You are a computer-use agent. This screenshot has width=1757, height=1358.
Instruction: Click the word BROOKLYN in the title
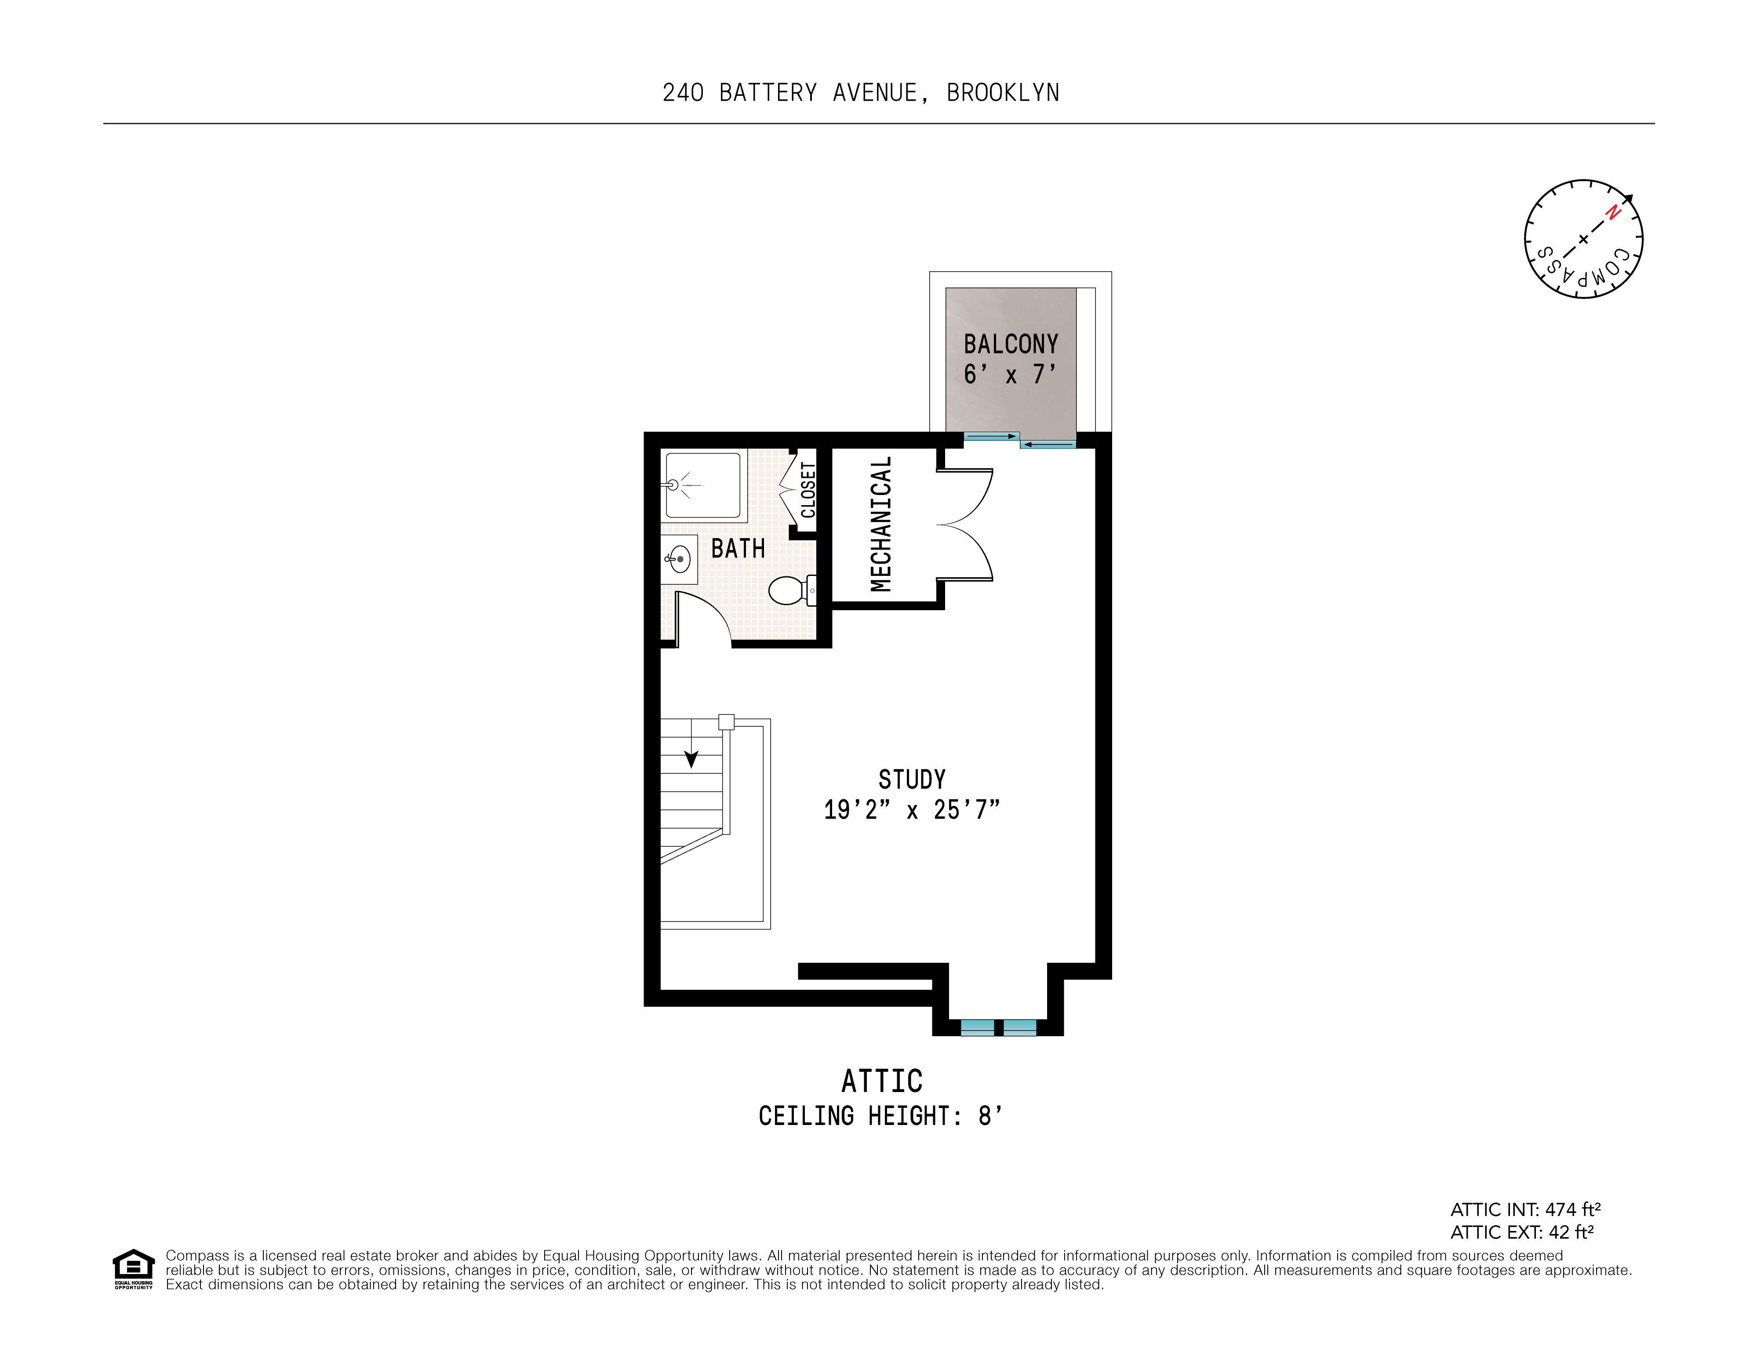point(1002,93)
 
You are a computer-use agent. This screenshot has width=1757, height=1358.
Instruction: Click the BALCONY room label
point(1011,344)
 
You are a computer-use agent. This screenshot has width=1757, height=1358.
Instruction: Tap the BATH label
point(738,549)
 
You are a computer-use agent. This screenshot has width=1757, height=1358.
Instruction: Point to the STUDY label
point(912,779)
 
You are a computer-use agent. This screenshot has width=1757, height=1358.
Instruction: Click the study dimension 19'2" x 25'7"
point(912,809)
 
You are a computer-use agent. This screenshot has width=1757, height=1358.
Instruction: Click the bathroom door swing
point(702,619)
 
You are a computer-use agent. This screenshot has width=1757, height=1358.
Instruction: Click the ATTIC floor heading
point(882,1081)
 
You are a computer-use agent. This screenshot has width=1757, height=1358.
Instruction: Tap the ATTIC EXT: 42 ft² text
point(1521,1233)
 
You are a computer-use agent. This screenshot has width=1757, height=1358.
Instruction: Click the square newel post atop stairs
point(726,721)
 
